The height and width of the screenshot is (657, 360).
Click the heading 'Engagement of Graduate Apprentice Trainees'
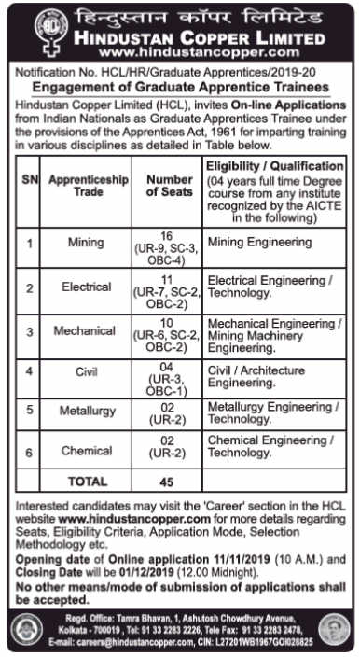(180, 82)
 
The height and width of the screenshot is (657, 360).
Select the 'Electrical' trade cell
(86, 287)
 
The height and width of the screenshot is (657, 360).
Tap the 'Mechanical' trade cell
(86, 330)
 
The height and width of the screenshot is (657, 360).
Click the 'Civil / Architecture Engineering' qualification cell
(256, 375)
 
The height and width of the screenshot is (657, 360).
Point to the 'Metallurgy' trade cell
(86, 411)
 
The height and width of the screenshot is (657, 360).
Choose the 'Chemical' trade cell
(86, 451)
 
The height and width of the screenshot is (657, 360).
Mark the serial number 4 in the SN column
(30, 371)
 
